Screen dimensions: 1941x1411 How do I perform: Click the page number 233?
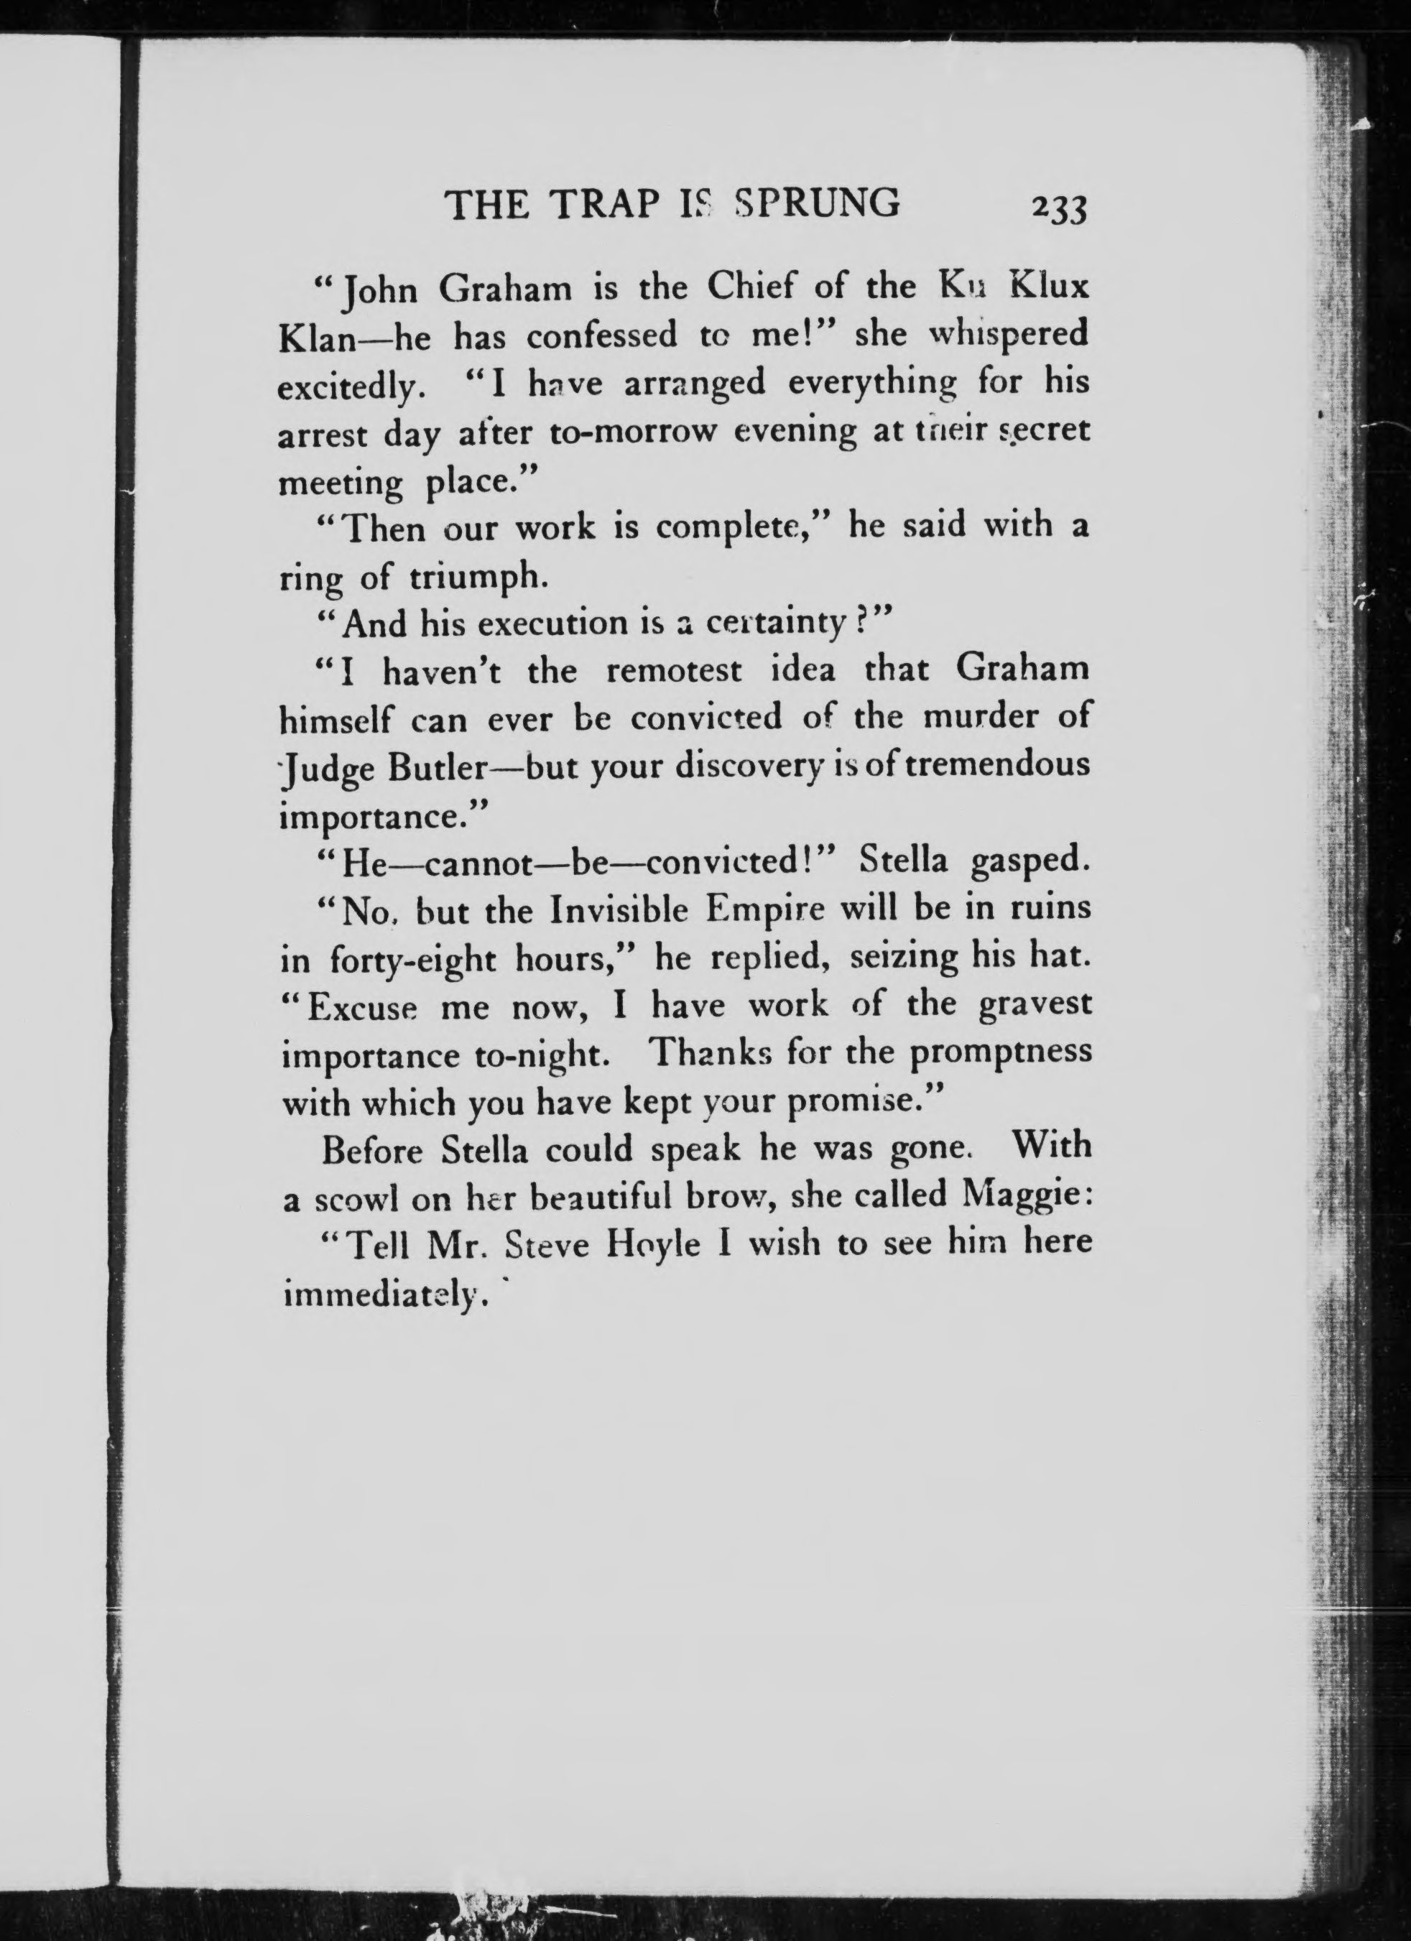click(x=1058, y=210)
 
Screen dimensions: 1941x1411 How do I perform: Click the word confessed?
click(x=601, y=336)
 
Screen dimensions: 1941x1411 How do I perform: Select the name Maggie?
click(x=1023, y=1194)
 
